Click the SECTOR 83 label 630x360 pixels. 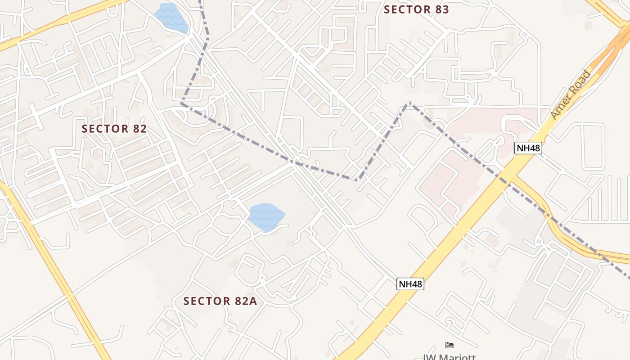416,9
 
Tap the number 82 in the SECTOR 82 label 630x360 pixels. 138,129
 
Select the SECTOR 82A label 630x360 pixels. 220,301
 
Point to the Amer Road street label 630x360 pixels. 570,94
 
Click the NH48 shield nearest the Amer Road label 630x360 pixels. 528,148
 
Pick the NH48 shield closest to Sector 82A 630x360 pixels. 410,284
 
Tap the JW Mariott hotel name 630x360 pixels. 449,357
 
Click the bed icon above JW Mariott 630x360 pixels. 449,345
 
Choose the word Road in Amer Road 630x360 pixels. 579,83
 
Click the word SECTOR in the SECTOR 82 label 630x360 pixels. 105,129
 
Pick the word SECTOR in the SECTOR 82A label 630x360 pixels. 207,301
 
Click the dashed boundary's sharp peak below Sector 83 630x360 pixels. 408,103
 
